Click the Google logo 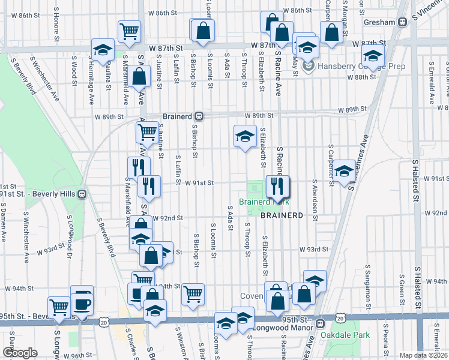coord(20,353)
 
